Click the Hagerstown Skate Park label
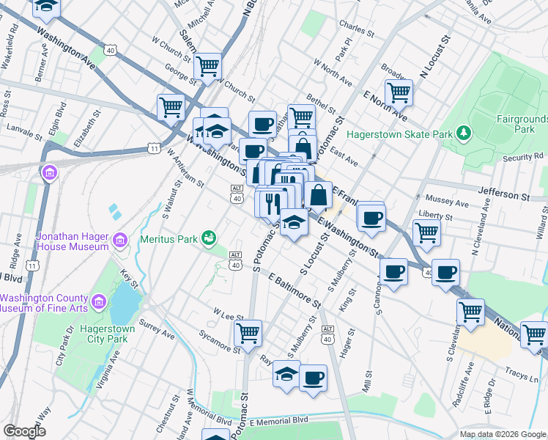[x=399, y=134]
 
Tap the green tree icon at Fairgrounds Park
[x=462, y=133]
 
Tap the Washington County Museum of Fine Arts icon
[x=97, y=301]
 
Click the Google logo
[x=24, y=431]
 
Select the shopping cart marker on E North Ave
[x=399, y=92]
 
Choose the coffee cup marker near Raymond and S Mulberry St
[x=313, y=378]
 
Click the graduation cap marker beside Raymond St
[x=286, y=373]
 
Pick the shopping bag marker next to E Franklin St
[x=318, y=195]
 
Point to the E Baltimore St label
[x=295, y=290]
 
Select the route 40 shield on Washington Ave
[x=110, y=51]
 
